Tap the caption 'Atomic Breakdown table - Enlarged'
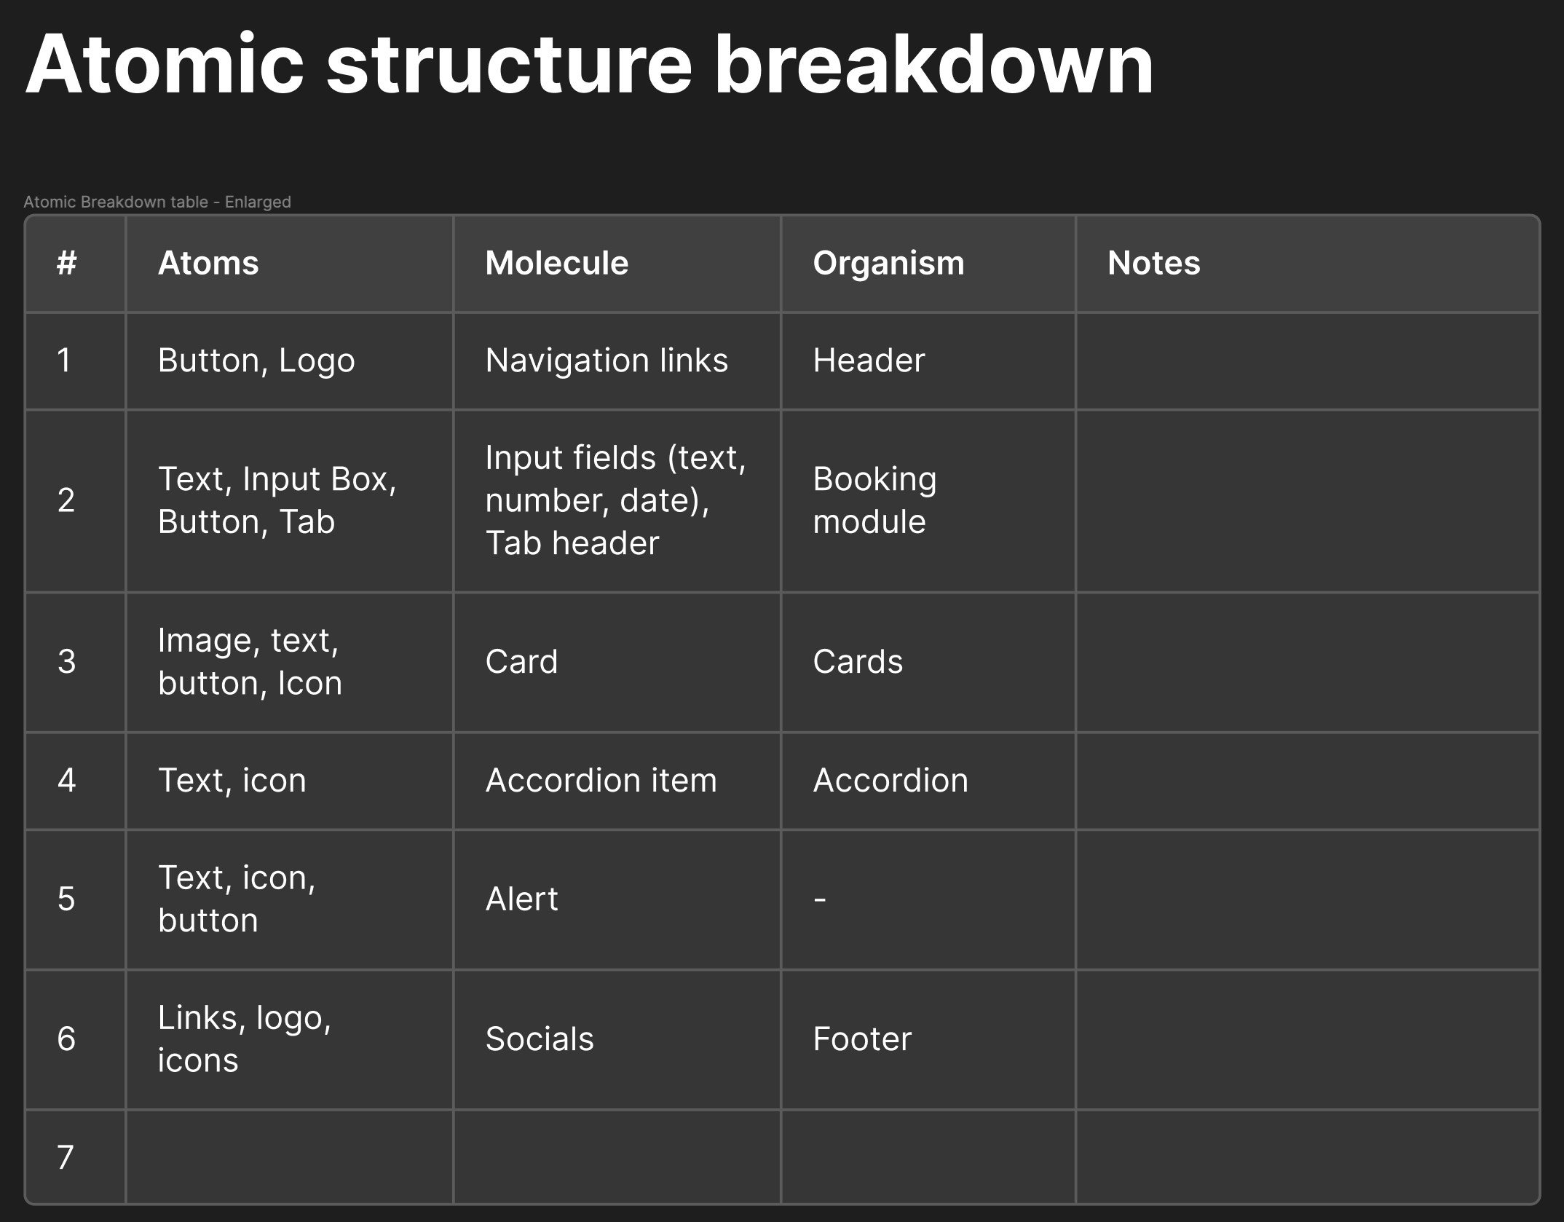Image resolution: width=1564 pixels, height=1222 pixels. click(157, 202)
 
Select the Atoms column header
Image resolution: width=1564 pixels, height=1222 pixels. click(208, 263)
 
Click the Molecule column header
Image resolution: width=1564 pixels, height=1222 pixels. click(557, 263)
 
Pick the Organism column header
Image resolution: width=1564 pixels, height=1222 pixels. click(888, 263)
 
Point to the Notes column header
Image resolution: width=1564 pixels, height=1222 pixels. click(1154, 263)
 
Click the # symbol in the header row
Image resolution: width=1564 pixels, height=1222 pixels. click(67, 263)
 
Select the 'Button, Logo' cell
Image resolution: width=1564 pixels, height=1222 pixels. click(256, 360)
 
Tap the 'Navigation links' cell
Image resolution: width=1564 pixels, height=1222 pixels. click(607, 360)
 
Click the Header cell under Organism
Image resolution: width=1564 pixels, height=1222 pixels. click(869, 360)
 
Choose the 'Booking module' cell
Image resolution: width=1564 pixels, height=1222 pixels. click(874, 500)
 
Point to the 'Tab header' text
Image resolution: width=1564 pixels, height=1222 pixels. click(572, 543)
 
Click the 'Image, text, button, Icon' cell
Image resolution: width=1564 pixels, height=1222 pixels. click(250, 662)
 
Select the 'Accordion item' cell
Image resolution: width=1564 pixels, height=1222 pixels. click(601, 781)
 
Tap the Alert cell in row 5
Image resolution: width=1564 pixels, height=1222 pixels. click(521, 899)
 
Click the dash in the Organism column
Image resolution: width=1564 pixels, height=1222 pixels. click(820, 900)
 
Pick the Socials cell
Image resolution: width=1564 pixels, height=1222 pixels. click(540, 1039)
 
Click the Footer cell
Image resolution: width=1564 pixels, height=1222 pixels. click(862, 1039)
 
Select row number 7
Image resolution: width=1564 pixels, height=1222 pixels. click(66, 1157)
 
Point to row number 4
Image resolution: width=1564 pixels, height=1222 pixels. click(66, 781)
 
